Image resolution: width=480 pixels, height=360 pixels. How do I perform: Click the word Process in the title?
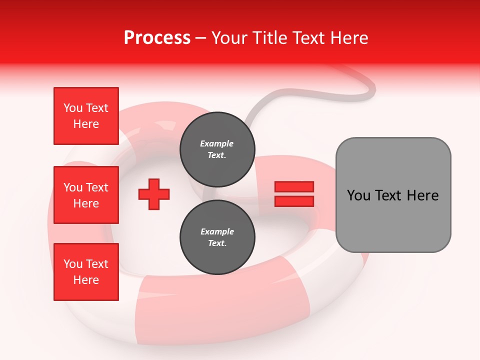click(157, 38)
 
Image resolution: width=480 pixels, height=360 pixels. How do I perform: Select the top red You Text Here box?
click(86, 116)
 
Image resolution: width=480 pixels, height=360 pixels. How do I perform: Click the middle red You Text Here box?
click(86, 195)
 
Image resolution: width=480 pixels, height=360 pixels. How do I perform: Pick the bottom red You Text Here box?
click(86, 272)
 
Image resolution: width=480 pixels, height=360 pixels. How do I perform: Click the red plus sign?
click(154, 194)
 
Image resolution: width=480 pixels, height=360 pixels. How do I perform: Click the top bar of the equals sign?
click(294, 186)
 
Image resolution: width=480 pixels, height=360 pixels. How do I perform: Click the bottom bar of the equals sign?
click(294, 201)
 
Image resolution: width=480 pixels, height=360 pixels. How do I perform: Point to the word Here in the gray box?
click(423, 195)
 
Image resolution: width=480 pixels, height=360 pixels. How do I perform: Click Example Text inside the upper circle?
click(217, 149)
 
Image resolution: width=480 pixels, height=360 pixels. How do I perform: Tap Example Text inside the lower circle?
click(217, 237)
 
